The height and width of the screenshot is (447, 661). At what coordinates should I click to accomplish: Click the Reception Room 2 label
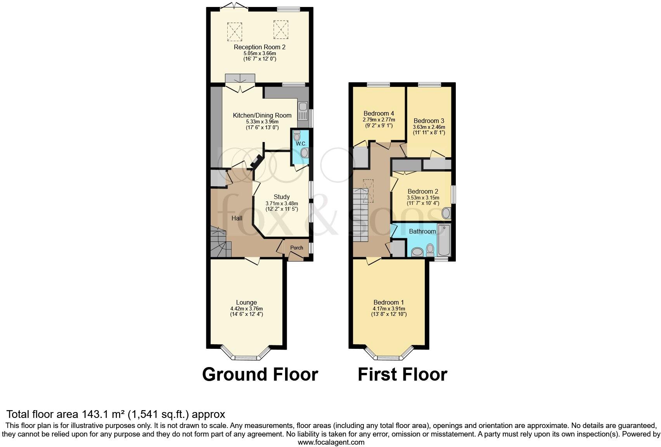[x=260, y=47]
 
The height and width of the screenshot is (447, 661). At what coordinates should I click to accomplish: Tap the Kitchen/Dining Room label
[x=262, y=116]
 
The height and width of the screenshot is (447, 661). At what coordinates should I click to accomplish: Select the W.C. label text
[x=301, y=144]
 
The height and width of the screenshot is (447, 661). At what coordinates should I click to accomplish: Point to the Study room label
[x=282, y=197]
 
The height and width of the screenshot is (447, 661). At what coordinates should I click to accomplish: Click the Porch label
[x=297, y=248]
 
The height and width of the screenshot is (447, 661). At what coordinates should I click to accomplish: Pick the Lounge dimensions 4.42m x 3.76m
[x=246, y=308]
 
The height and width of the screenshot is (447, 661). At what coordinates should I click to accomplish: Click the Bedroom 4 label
[x=379, y=113]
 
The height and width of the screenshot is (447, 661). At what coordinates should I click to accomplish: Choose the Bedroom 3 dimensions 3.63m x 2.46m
[x=429, y=127]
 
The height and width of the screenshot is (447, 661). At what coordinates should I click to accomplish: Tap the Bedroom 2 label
[x=423, y=191]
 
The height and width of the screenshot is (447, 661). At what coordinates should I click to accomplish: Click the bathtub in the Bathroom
[x=444, y=240]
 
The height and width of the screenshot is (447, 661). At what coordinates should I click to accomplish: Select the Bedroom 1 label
[x=389, y=302]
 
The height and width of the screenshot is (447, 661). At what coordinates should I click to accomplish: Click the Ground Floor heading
[x=260, y=374]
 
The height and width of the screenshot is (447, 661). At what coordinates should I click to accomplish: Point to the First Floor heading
[x=403, y=374]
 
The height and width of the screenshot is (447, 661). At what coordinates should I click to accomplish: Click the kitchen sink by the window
[x=303, y=111]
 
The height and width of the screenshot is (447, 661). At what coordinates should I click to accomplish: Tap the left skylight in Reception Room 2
[x=235, y=31]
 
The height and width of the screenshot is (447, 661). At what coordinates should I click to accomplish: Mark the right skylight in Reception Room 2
[x=280, y=29]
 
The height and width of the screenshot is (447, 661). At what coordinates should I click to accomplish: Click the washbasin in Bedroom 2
[x=446, y=213]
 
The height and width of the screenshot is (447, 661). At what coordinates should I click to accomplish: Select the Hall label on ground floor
[x=237, y=218]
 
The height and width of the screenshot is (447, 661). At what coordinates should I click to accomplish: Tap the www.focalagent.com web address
[x=331, y=442]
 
